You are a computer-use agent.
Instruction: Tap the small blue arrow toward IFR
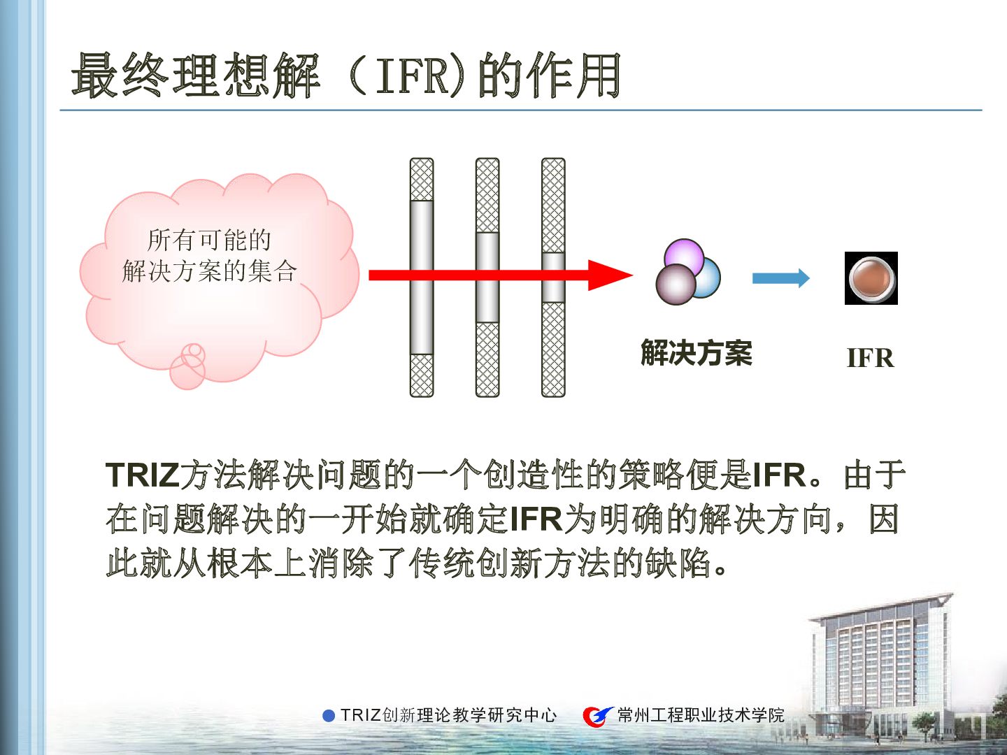tap(781, 278)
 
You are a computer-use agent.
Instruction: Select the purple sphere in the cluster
tap(684, 257)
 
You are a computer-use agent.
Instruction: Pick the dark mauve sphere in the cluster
tap(676, 285)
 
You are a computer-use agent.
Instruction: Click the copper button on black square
tap(871, 278)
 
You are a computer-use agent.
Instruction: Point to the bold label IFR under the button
tap(871, 358)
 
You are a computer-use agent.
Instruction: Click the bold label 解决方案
tap(697, 353)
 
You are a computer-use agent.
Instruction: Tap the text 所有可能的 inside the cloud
tap(209, 240)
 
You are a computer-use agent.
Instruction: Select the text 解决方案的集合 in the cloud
tap(209, 271)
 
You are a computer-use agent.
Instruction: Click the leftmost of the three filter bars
tap(422, 278)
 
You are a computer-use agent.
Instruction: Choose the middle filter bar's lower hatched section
tap(487, 359)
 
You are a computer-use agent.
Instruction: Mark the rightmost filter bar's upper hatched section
tap(553, 206)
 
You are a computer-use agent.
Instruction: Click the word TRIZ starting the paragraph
tap(142, 475)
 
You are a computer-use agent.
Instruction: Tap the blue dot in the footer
tap(329, 716)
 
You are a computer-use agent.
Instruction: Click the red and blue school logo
tap(598, 716)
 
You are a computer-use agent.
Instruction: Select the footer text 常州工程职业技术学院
tap(701, 716)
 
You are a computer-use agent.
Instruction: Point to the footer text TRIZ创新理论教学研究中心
tap(448, 716)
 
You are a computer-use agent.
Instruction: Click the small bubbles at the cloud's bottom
tap(188, 366)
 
